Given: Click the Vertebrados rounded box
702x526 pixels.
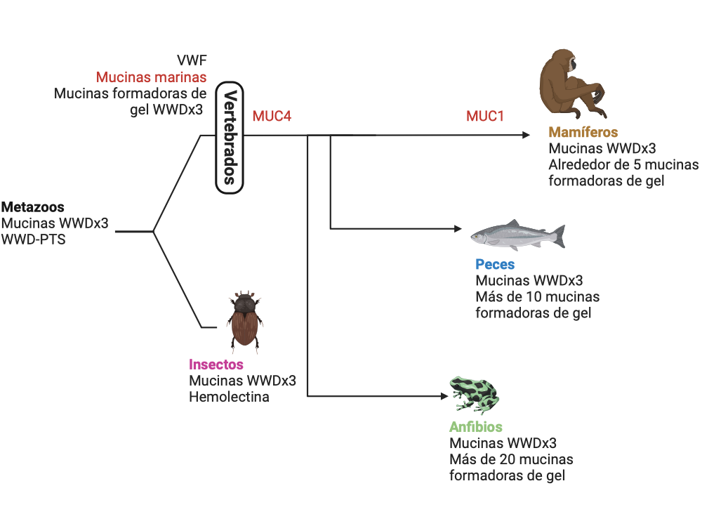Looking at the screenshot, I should [x=229, y=136].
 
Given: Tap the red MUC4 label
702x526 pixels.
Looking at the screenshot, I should [x=272, y=116].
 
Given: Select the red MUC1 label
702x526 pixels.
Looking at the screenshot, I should [x=485, y=116].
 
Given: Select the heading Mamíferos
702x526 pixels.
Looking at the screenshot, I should [x=583, y=132].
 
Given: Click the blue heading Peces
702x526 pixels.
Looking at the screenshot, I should [x=494, y=265].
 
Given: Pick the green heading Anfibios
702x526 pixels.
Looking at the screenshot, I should [x=475, y=428].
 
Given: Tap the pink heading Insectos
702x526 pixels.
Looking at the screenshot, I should [x=216, y=364].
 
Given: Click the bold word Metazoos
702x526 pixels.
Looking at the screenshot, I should [x=33, y=207].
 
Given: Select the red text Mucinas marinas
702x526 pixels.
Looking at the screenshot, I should [x=151, y=77].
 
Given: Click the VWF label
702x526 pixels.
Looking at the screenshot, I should [x=192, y=60].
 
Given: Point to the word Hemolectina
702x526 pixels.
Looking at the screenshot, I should [x=229, y=397].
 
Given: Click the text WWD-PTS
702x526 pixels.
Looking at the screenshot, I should [x=34, y=240].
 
